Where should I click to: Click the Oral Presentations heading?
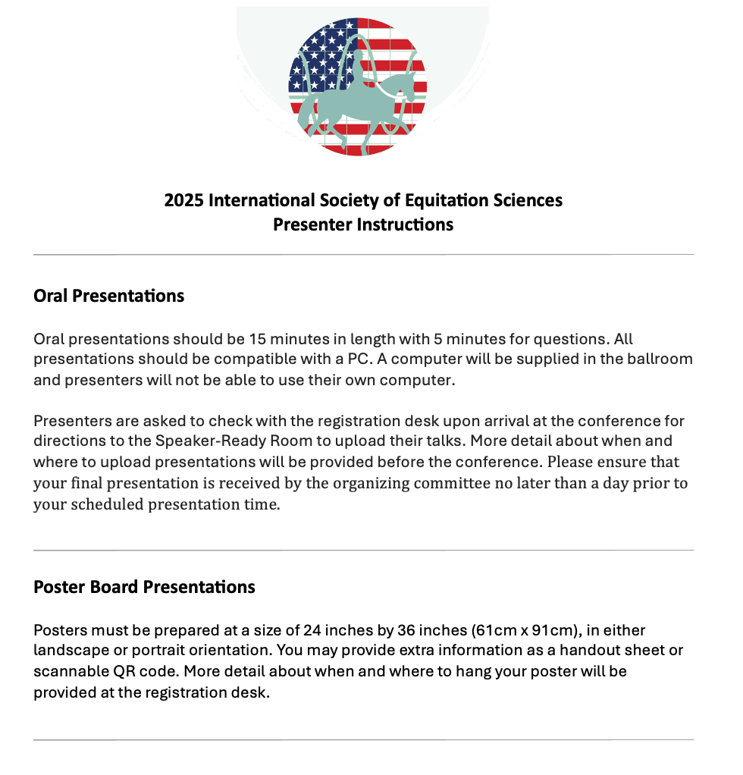coord(109,296)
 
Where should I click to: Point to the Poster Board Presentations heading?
coord(144,587)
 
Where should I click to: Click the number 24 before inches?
coord(312,630)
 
